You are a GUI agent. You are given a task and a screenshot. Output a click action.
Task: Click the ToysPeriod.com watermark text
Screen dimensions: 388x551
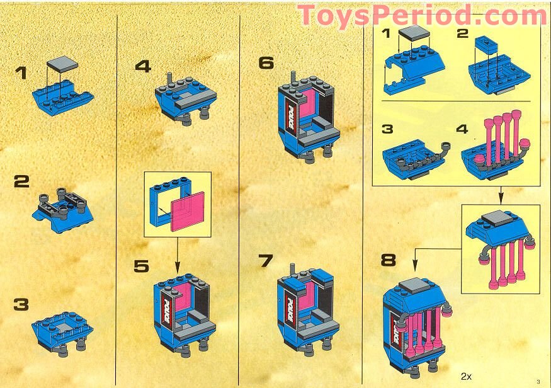coord(422,14)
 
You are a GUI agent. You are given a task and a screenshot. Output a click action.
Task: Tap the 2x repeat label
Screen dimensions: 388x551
coord(466,377)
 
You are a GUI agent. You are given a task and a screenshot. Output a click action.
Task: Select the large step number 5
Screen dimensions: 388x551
coord(142,266)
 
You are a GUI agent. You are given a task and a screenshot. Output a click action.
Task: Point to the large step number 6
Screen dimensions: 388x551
coord(266,63)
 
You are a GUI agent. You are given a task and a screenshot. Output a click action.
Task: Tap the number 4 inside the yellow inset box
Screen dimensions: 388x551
coord(462,129)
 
